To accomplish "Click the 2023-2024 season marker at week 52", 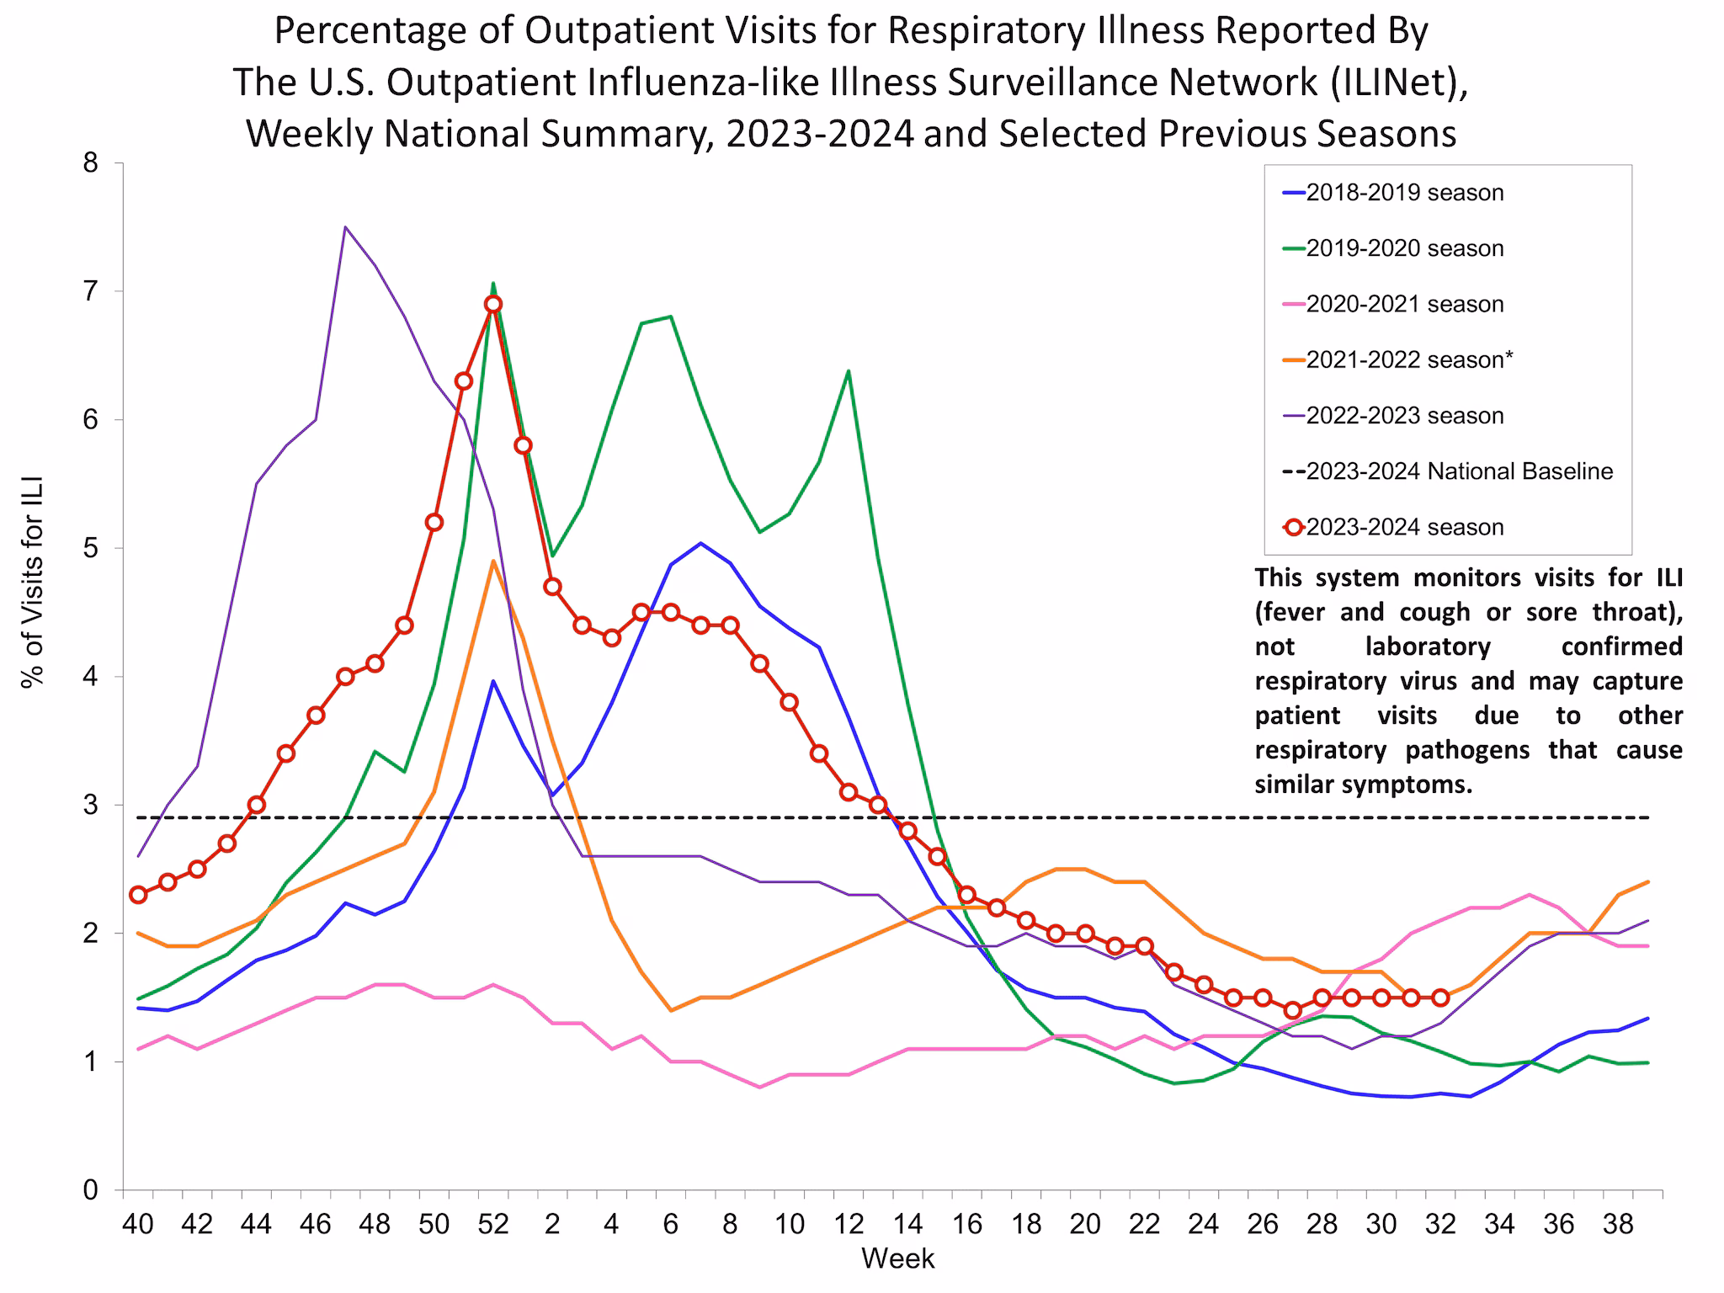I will click(493, 304).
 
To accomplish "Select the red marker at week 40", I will click(138, 895).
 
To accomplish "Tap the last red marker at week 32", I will click(1440, 998).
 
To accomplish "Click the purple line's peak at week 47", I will click(345, 226).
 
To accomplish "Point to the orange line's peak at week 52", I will click(493, 561).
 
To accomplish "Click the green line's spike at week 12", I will click(848, 370).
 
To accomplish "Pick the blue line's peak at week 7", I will click(700, 543).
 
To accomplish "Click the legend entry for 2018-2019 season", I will click(1404, 193).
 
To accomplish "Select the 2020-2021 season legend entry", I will click(1404, 304).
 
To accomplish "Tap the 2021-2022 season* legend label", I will click(1409, 359).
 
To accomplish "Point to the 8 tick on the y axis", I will click(88, 163).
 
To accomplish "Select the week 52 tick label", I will click(493, 1223).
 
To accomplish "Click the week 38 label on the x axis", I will click(1618, 1223).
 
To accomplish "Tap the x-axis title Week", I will click(897, 1258).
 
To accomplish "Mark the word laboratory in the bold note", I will click(1429, 646).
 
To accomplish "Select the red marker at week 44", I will click(257, 805).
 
